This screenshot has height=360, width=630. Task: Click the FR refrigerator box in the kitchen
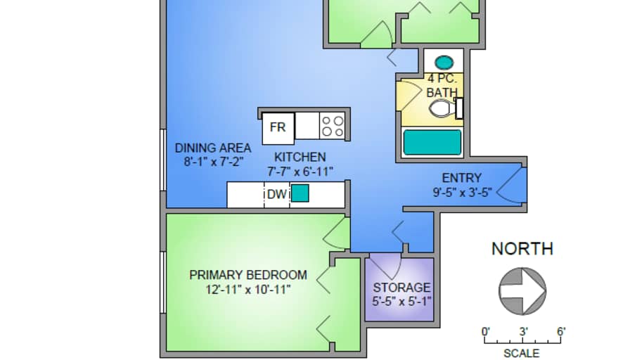(x=278, y=127)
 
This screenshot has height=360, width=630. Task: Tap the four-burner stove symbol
(x=333, y=127)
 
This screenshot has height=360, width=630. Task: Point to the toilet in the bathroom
(x=443, y=108)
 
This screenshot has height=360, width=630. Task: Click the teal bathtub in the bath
(x=432, y=142)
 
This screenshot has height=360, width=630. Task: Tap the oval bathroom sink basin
(x=443, y=62)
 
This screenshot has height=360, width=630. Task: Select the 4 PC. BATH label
(x=442, y=85)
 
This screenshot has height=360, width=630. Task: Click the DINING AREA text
(x=213, y=148)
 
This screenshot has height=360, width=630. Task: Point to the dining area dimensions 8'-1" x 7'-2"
(x=213, y=161)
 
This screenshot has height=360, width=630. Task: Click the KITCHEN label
(x=300, y=157)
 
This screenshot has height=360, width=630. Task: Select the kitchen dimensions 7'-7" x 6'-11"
(x=300, y=171)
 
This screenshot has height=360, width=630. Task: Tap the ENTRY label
(x=461, y=178)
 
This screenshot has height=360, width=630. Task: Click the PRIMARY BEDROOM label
(x=248, y=275)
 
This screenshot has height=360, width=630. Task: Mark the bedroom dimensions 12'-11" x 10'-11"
(x=248, y=289)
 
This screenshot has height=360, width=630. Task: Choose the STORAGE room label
(x=401, y=288)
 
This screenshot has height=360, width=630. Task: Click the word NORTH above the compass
(x=522, y=248)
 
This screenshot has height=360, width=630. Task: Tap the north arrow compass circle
(x=522, y=289)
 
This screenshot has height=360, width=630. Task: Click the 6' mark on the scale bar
(x=560, y=331)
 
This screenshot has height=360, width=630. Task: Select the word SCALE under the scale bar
(x=522, y=353)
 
